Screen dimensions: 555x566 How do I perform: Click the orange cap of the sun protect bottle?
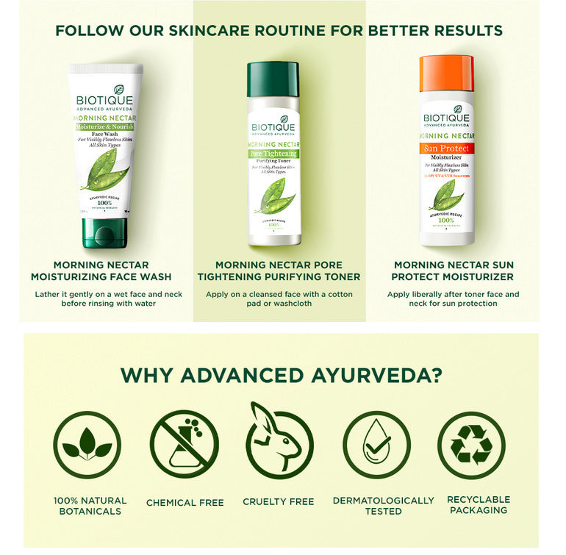[x=446, y=73]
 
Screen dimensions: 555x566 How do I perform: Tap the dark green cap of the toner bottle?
[x=273, y=79]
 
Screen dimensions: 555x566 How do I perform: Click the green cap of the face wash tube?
[x=104, y=232]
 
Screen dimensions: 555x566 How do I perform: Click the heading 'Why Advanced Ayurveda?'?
[x=282, y=375]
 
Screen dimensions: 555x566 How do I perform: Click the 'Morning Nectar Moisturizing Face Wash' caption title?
[x=101, y=271]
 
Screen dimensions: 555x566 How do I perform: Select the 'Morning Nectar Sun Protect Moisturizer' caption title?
[x=454, y=271]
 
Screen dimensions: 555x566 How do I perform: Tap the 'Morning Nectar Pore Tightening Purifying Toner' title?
[x=279, y=271]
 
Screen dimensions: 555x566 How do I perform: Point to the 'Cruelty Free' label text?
[x=279, y=502]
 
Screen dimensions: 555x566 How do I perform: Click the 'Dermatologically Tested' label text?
[x=383, y=505]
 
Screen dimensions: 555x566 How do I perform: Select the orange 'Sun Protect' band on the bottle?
[x=447, y=148]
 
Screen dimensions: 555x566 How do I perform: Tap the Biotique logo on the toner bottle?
[x=273, y=127]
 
